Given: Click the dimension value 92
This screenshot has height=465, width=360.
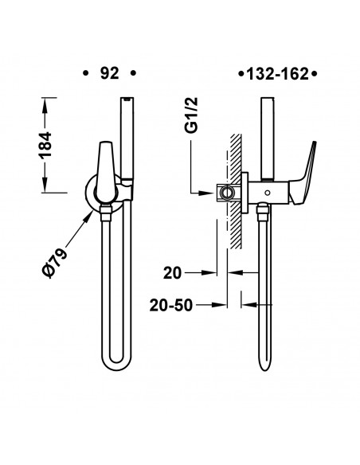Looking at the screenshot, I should point(110,72).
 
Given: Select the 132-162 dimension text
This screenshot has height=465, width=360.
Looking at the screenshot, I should point(278,73).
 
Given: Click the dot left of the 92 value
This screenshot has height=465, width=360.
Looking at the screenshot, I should point(85,73).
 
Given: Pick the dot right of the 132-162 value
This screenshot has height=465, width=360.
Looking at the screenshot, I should point(316,73).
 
